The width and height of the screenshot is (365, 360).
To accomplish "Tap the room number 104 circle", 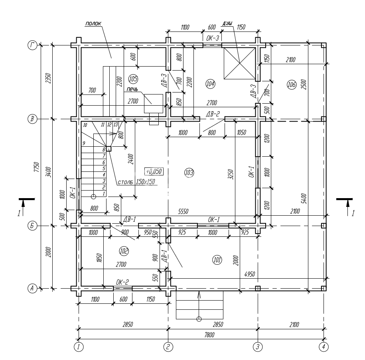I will click(210, 83).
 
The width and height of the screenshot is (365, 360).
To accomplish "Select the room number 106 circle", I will click(291, 85).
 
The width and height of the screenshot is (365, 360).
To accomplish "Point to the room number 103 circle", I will click(189, 173).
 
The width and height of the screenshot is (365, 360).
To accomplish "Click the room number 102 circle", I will click(124, 251).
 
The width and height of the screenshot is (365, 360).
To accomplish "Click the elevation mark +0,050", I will click(154, 171).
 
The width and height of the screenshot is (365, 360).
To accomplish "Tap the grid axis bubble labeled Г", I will click(32, 46).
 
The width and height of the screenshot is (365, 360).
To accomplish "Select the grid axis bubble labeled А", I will click(32, 288).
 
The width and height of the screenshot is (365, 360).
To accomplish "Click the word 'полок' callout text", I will click(93, 24).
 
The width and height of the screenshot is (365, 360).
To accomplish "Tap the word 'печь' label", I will click(133, 89).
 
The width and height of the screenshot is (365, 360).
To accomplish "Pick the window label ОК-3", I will click(213, 38).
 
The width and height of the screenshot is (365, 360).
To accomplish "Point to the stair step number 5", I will click(104, 169).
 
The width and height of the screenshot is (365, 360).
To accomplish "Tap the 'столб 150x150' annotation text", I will click(136, 183).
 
